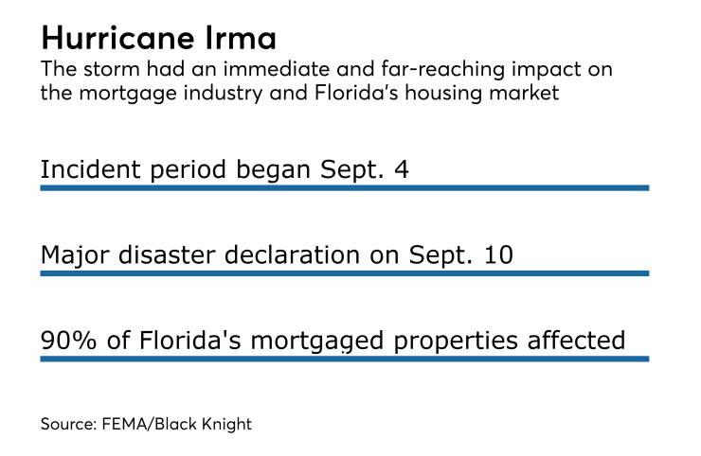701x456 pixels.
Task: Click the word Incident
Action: (83, 170)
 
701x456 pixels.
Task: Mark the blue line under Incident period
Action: (344, 187)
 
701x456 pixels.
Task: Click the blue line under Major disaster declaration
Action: (344, 272)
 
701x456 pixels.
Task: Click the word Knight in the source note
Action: (227, 424)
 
